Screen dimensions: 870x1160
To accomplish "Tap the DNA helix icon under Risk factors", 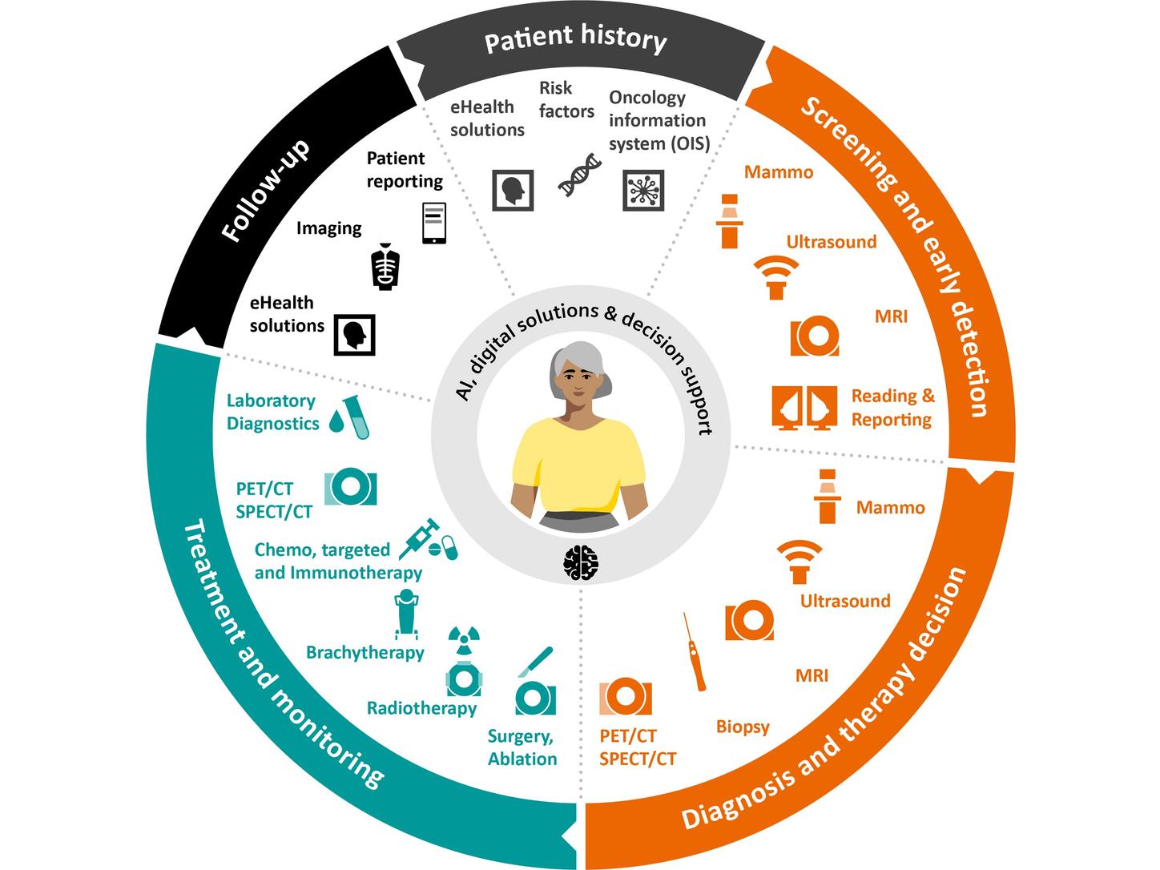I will (580, 175).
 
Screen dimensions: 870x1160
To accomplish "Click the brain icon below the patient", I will (580, 562).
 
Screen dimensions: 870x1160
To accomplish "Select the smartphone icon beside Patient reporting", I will (434, 223).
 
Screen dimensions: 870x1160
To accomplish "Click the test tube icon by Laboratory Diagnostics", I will (356, 418).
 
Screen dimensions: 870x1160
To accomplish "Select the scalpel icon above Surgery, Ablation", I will (534, 662).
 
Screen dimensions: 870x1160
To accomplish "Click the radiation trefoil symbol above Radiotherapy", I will (464, 638).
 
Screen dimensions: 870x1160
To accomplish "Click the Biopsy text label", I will (743, 727).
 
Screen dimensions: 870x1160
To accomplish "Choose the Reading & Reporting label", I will (892, 407).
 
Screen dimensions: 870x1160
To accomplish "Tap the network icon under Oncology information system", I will (643, 191).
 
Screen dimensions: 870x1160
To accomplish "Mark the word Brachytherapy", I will (365, 652).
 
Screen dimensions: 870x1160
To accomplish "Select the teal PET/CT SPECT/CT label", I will (274, 500).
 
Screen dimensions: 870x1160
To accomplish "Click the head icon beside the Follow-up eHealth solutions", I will (354, 334).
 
